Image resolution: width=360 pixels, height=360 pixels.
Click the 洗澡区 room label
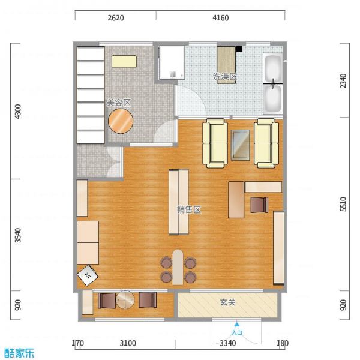coord(224,76)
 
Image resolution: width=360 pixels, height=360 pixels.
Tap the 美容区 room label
coord(119,103)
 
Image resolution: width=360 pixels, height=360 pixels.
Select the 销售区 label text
coord(189,209)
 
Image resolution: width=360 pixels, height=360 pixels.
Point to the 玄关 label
coord(228,302)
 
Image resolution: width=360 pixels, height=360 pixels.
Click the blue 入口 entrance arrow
coord(237,324)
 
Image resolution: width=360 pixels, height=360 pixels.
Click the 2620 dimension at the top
coord(116,17)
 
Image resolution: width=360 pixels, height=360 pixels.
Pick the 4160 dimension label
coord(221,17)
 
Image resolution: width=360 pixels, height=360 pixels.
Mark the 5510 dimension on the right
coord(343,204)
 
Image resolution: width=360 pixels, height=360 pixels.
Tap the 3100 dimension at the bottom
coord(128,343)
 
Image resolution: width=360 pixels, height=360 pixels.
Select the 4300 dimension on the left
coord(17,112)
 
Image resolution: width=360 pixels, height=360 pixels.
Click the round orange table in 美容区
coord(121,121)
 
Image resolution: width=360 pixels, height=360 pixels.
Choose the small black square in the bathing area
coord(239,49)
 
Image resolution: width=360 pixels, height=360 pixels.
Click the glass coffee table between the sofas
coord(241,145)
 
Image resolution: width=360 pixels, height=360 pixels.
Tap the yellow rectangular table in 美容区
coord(124,61)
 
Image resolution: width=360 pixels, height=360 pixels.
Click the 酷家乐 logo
coord(19,353)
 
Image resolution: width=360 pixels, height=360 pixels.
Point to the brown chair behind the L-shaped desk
coord(259,205)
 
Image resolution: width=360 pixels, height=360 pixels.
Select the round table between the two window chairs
coord(125,299)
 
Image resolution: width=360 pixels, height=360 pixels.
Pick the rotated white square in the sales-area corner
coord(88,275)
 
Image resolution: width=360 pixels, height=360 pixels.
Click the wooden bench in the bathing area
coord(226,65)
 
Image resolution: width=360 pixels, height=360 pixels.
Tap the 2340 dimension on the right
coord(343,80)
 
